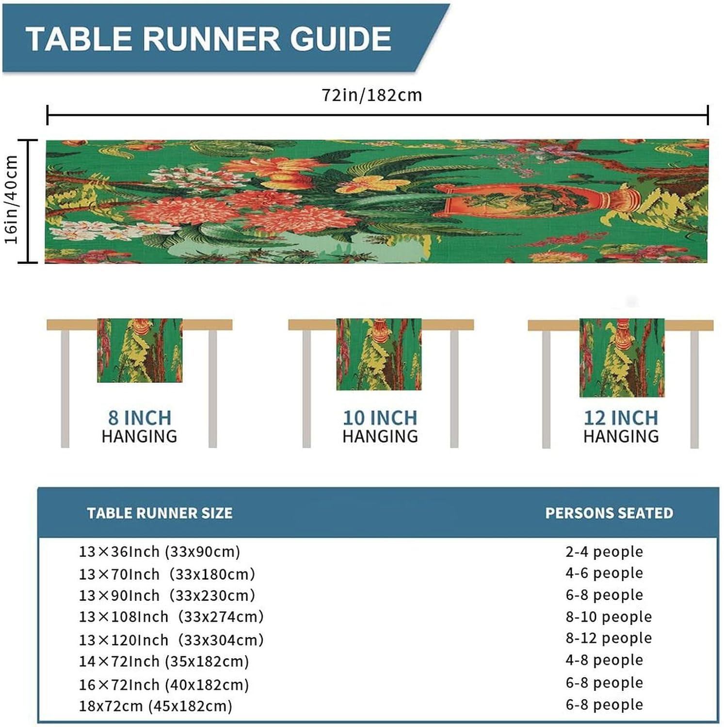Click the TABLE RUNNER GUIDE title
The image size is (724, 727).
point(209,39)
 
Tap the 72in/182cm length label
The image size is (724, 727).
point(372,95)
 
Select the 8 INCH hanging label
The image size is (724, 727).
point(140,427)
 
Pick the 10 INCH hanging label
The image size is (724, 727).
point(380,427)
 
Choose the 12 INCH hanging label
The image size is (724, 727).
point(621,427)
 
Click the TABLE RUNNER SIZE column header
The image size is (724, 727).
point(160,513)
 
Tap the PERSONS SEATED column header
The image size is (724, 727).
point(609,513)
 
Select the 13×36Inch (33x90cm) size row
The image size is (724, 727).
point(160,552)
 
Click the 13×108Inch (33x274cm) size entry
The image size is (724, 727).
point(171,617)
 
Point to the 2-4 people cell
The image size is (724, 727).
point(604,552)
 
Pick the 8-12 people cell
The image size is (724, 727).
point(609,638)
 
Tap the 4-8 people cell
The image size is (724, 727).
point(604,660)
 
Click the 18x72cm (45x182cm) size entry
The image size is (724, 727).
point(156,706)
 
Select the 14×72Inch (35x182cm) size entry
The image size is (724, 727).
point(164,662)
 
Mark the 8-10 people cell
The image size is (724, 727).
point(609,617)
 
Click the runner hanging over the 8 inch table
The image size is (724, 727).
point(140,350)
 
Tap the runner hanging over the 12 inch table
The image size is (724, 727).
point(622,358)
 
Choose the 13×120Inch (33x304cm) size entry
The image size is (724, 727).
point(171,640)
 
